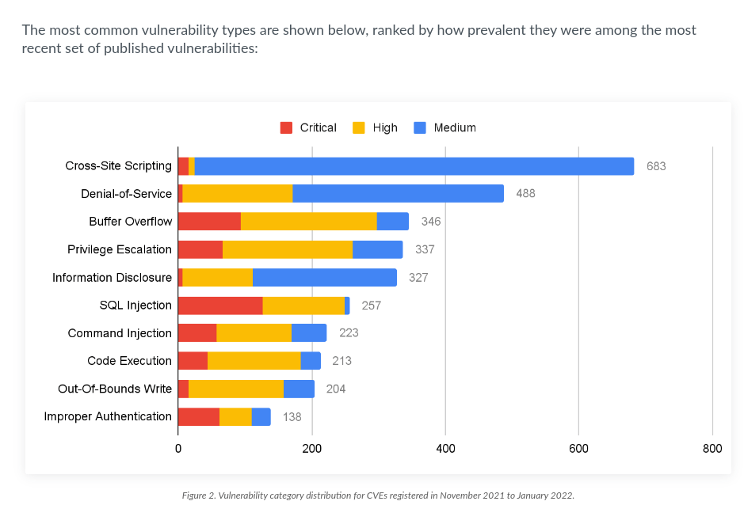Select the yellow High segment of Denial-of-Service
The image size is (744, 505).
coord(238,194)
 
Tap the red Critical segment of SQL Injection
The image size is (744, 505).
coord(220,305)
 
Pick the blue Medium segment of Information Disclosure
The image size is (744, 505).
coord(325,277)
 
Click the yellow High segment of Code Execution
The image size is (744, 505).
coord(254,361)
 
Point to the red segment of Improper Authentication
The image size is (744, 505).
coord(199,416)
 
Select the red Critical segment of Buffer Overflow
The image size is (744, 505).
coord(209,222)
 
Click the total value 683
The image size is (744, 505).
coord(656,166)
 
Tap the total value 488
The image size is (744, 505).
coord(525,194)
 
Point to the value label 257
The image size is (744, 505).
coord(372,305)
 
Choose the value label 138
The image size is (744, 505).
coord(292,416)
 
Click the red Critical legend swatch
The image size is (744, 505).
coord(286,127)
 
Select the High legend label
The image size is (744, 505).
coord(385,127)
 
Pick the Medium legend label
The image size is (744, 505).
coord(455,127)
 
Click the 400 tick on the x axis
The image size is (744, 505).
coord(445,449)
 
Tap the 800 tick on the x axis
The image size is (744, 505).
coord(712,449)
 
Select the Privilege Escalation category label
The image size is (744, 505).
coord(120,249)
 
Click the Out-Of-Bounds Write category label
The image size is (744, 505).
coord(115,389)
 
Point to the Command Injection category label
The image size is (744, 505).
coord(120,333)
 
